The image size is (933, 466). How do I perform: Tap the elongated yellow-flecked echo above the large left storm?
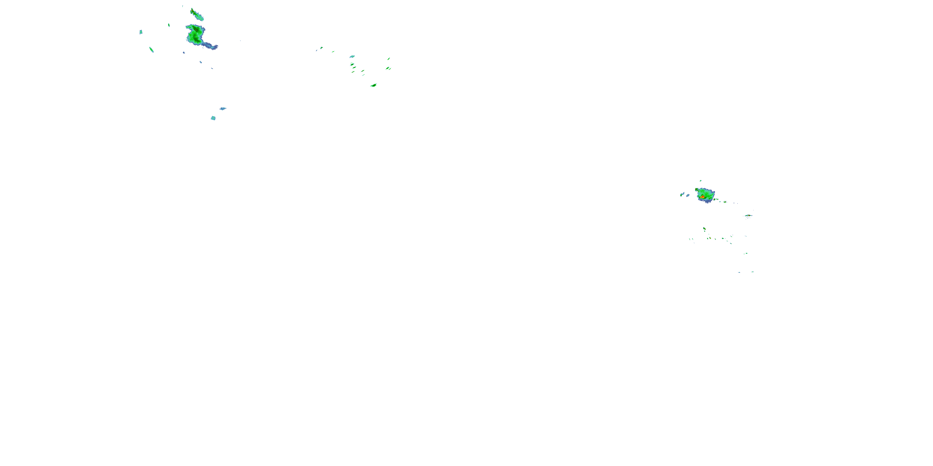(x=197, y=15)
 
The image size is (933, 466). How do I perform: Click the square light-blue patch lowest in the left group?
(x=213, y=118)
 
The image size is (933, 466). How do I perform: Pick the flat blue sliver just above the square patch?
(x=223, y=108)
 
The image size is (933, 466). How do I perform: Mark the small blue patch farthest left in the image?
(x=141, y=32)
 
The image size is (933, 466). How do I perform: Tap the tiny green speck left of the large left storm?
(x=169, y=25)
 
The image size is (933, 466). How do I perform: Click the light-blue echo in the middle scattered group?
(x=352, y=57)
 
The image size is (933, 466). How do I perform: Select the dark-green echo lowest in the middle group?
(x=374, y=85)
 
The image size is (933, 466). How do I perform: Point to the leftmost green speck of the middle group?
(x=321, y=48)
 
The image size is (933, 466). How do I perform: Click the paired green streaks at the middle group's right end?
(x=388, y=68)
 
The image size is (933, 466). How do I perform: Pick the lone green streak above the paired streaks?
(x=389, y=59)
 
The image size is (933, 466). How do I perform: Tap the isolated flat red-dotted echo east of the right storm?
(x=748, y=216)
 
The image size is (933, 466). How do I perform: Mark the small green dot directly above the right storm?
(x=700, y=180)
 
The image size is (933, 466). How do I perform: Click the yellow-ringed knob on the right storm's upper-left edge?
(x=697, y=189)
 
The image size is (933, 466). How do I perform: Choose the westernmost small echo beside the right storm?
(x=682, y=195)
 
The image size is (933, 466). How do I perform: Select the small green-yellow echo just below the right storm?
(x=704, y=229)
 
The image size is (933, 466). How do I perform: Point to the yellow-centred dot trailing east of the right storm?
(x=715, y=199)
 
